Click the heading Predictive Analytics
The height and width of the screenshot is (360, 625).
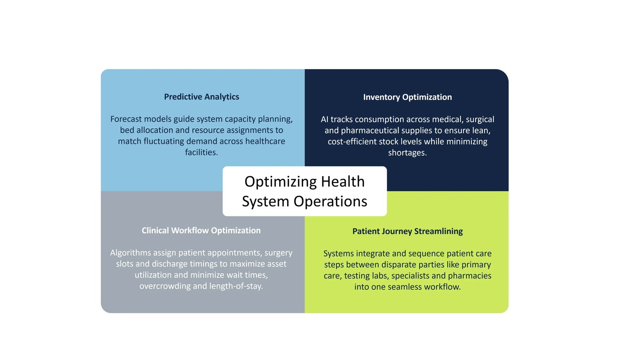coord(202,97)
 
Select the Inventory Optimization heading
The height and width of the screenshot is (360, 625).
coord(407,97)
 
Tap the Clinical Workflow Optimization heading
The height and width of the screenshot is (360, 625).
coord(201,231)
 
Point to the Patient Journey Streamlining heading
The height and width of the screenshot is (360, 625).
coord(407,231)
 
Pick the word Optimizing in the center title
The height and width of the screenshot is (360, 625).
coord(281,182)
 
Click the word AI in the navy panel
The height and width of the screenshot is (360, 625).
coord(325,119)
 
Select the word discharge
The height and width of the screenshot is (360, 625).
coord(170,264)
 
